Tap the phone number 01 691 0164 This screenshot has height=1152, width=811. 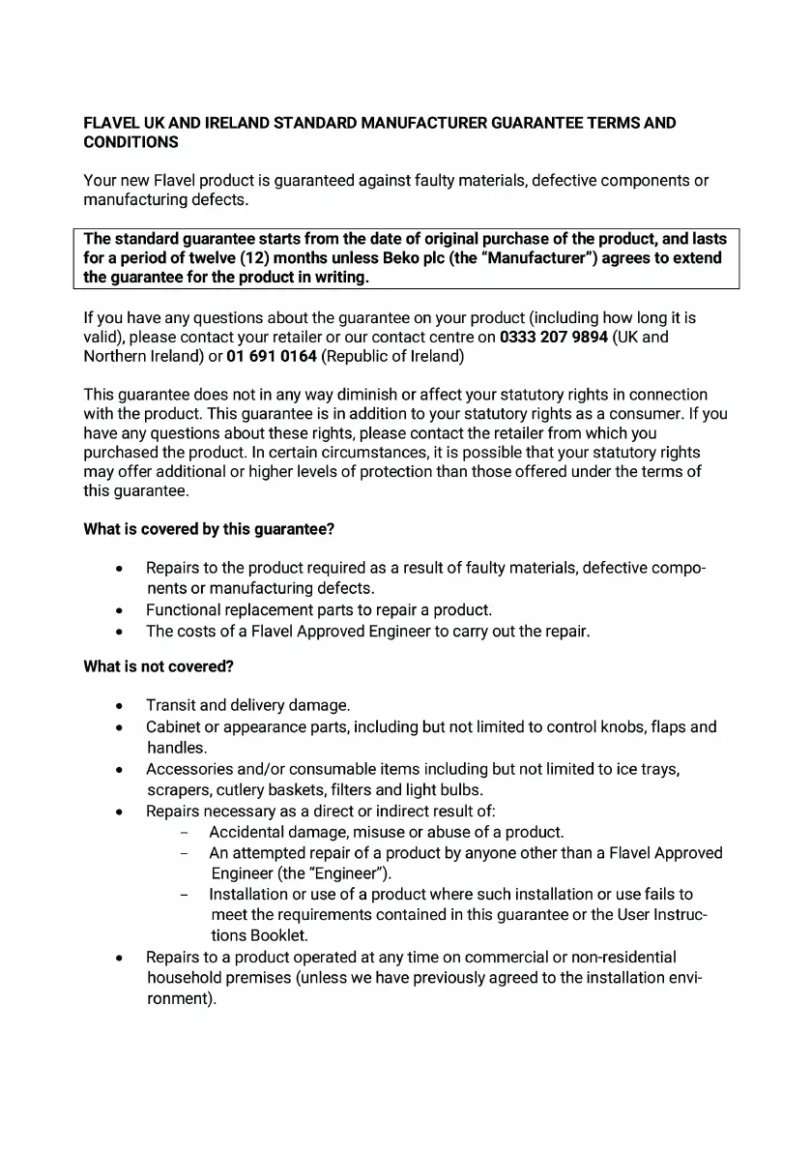coord(272,357)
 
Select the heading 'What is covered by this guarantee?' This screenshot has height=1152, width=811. coord(209,529)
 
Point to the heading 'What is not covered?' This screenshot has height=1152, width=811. coord(159,666)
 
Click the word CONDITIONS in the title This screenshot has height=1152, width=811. coord(130,142)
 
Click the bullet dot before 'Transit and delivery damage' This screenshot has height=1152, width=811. coord(118,706)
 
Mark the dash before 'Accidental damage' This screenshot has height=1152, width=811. coord(184,832)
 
